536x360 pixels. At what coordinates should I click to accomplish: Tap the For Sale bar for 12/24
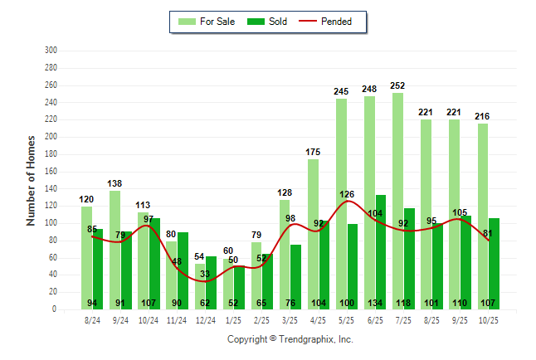click(x=200, y=286)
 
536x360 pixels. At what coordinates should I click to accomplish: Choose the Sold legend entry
click(x=270, y=22)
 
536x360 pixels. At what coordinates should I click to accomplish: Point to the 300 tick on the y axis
click(x=51, y=51)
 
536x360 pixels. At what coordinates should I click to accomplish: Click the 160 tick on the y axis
click(x=51, y=171)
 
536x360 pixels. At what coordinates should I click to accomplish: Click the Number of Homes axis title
click(x=31, y=180)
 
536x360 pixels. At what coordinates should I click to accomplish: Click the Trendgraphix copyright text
click(x=290, y=339)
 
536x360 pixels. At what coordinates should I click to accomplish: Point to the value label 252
click(x=398, y=85)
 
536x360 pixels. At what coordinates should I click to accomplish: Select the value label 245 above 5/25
click(x=342, y=91)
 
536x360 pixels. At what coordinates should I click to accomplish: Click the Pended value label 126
click(x=347, y=195)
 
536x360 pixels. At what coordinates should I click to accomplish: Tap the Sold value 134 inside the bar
click(x=381, y=303)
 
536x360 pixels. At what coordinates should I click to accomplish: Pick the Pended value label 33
click(x=205, y=274)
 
